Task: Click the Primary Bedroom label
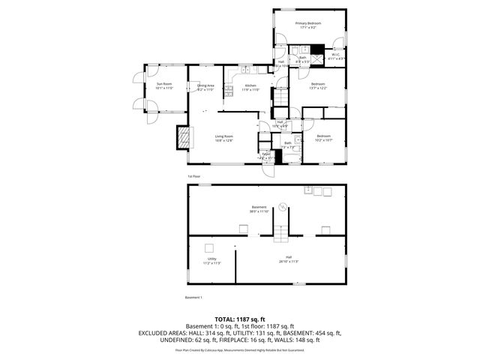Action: (307, 25)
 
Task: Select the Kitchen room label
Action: (251, 88)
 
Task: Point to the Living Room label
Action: (223, 138)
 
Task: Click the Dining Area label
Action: (205, 87)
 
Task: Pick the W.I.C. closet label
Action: (336, 55)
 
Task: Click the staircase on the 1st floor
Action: (280, 97)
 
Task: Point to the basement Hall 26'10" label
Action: (289, 259)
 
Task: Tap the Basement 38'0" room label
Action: (259, 209)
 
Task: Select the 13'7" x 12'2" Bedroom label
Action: (318, 85)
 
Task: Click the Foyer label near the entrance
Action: (265, 156)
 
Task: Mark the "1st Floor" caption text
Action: (193, 176)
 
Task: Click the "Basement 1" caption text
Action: (193, 298)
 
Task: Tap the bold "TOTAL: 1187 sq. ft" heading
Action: (239, 319)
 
